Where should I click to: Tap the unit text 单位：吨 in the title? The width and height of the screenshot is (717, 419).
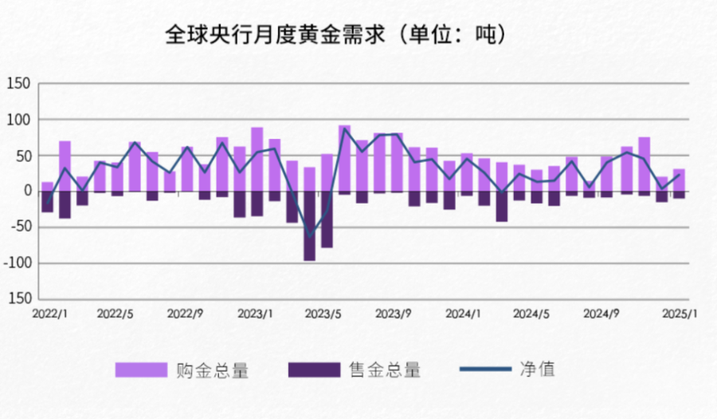(x=453, y=35)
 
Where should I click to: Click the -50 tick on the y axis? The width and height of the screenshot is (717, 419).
(x=17, y=227)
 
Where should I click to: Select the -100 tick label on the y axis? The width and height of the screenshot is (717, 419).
(x=17, y=263)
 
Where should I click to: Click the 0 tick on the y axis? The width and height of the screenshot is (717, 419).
(x=25, y=192)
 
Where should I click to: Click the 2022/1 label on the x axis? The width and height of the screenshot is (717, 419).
(x=49, y=314)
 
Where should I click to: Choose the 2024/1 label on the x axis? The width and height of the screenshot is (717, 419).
(x=463, y=314)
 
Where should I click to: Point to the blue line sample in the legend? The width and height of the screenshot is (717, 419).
(x=485, y=370)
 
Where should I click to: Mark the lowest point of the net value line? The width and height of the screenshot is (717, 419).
(x=310, y=237)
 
